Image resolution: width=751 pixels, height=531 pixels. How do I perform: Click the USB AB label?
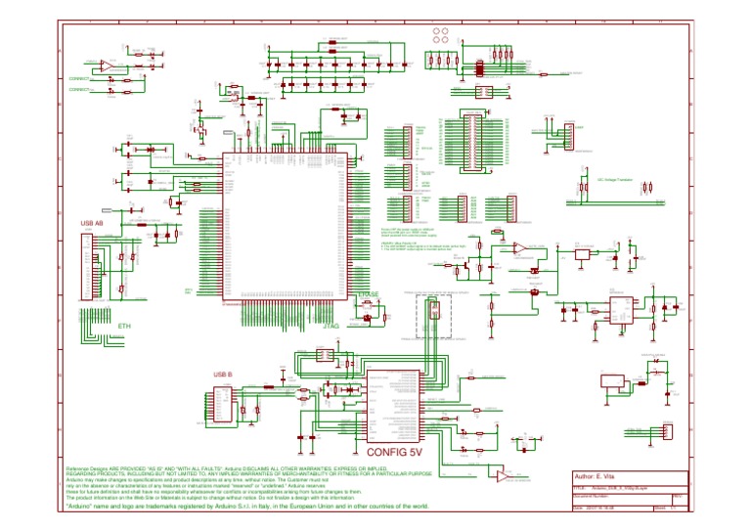92,224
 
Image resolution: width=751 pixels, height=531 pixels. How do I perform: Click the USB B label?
223,374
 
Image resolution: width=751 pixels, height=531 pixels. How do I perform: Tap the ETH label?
124,325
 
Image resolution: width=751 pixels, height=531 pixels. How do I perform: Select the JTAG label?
331,326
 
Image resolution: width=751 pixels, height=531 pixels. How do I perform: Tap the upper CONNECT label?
80,76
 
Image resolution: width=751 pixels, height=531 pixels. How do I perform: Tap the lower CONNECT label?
80,90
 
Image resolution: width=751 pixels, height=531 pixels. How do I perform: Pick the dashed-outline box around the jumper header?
430,315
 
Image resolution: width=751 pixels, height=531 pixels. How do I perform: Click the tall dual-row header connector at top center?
476,138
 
